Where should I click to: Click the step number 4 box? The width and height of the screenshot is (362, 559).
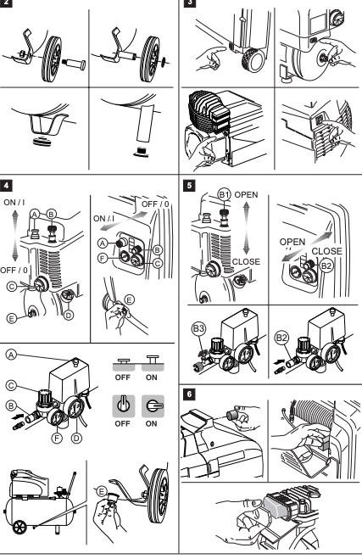(x=6, y=186)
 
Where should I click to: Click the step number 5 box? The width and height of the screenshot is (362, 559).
(x=189, y=186)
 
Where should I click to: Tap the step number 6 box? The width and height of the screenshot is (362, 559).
(x=189, y=394)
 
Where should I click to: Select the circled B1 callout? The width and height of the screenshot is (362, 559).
(x=224, y=194)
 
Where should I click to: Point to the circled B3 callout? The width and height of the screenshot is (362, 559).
(x=198, y=328)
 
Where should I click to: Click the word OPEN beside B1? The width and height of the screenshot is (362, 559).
(x=246, y=194)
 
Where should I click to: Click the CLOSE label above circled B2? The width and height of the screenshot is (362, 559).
(x=326, y=251)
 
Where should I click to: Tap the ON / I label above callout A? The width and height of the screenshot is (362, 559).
(x=14, y=203)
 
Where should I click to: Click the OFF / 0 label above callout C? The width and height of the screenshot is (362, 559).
(x=14, y=270)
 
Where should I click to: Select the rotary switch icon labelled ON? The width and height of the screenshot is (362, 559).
(x=153, y=406)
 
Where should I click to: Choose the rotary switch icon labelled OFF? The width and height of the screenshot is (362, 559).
(x=124, y=406)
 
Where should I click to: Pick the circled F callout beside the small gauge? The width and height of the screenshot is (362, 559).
(x=57, y=438)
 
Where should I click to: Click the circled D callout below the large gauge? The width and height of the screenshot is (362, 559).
(x=76, y=438)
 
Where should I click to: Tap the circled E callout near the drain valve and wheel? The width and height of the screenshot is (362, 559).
(x=102, y=492)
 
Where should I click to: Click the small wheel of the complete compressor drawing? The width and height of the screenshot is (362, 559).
(x=19, y=528)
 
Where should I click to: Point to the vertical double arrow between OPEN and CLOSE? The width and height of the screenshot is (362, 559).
(x=246, y=228)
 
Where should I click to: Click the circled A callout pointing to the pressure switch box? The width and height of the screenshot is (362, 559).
(x=11, y=355)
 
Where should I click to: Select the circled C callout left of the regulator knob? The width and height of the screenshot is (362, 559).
(x=11, y=385)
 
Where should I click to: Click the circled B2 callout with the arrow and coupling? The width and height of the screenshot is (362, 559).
(x=281, y=338)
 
